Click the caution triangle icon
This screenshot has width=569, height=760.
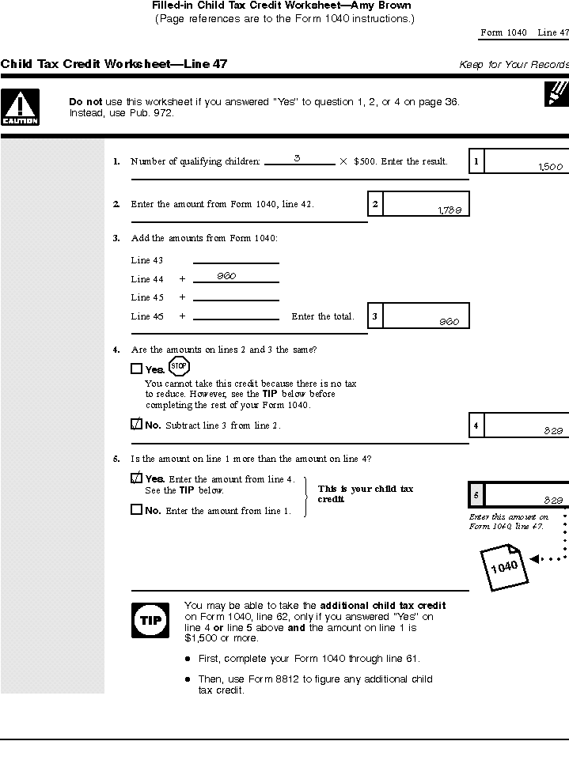pyautogui.click(x=20, y=107)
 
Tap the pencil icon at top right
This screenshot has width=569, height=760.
pyautogui.click(x=557, y=93)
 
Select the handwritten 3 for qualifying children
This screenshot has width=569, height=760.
pyautogui.click(x=297, y=158)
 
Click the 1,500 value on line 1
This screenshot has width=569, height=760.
pyautogui.click(x=550, y=167)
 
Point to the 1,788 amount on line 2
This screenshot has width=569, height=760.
pyautogui.click(x=450, y=210)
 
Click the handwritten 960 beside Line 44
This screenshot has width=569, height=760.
pyautogui.click(x=227, y=276)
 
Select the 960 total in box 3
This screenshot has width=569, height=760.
pyautogui.click(x=450, y=322)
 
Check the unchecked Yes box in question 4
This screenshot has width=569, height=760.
pyautogui.click(x=136, y=369)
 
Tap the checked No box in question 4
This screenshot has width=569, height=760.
pyautogui.click(x=136, y=425)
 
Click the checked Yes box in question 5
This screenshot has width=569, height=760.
pyautogui.click(x=136, y=478)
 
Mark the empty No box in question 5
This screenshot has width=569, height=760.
pyautogui.click(x=136, y=510)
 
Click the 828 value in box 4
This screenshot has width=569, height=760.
pyautogui.click(x=552, y=431)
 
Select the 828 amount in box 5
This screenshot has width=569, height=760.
pyautogui.click(x=552, y=500)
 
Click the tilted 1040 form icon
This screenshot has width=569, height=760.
pyautogui.click(x=503, y=565)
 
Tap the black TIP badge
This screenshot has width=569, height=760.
pyautogui.click(x=150, y=620)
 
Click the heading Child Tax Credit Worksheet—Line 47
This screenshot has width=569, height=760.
pyautogui.click(x=114, y=64)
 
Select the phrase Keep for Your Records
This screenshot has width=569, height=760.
pyautogui.click(x=514, y=65)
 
